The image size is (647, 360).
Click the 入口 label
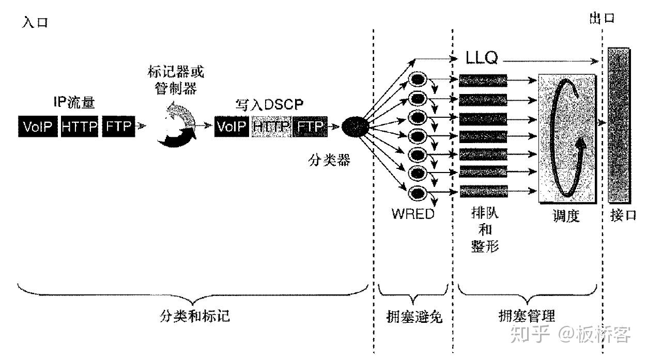[35, 23]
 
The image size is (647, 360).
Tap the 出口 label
[602, 19]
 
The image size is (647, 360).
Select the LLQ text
[482, 58]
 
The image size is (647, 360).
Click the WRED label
[413, 214]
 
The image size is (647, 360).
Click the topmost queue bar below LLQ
[483, 80]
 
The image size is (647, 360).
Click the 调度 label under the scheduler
[565, 216]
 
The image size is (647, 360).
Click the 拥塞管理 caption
[528, 316]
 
